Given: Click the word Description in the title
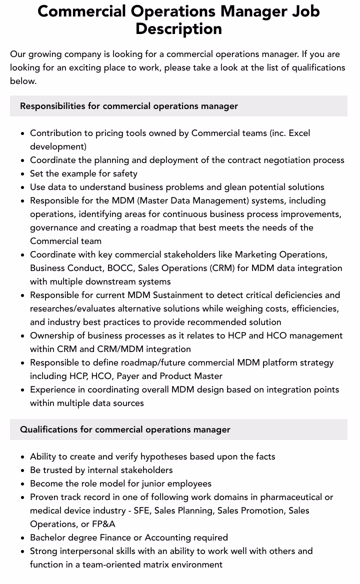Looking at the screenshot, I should (x=178, y=28).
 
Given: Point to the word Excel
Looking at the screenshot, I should (x=299, y=133).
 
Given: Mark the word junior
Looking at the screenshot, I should (x=156, y=483).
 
